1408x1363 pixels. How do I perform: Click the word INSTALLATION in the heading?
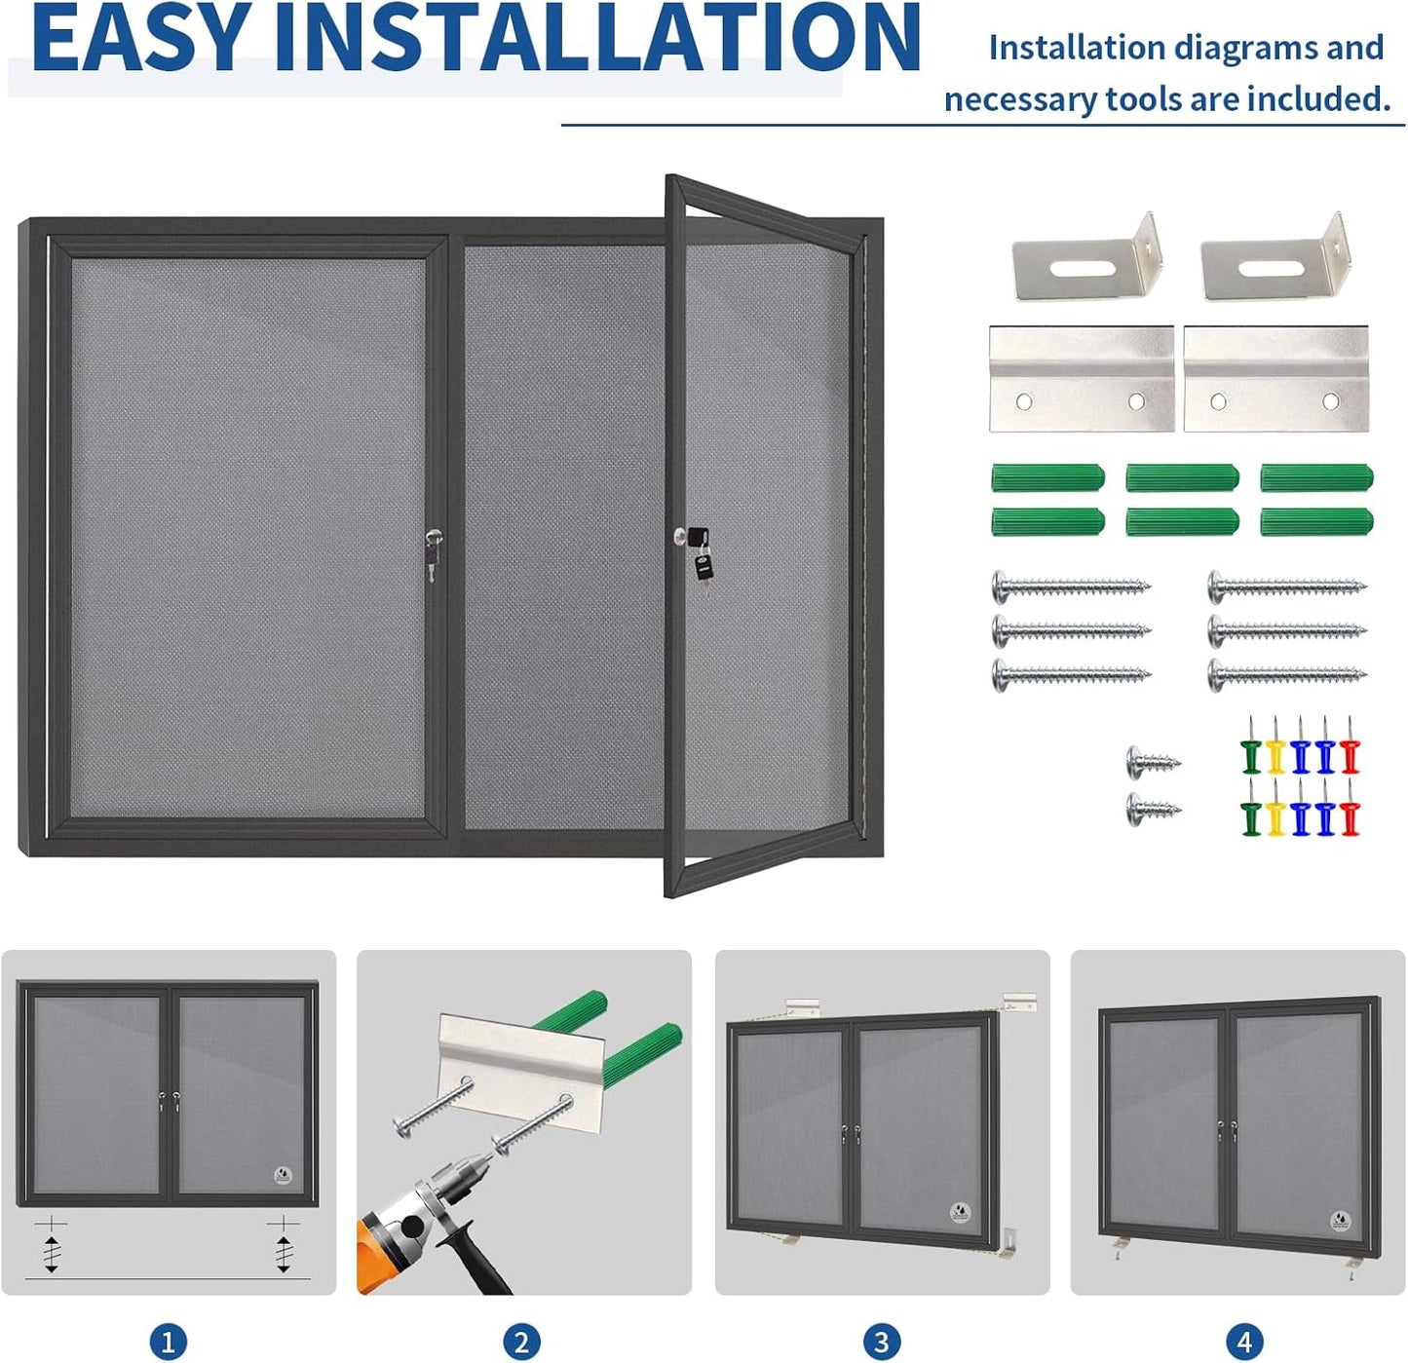click(x=596, y=39)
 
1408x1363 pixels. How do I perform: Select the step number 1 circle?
click(x=168, y=1342)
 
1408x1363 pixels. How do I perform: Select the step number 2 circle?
click(x=521, y=1342)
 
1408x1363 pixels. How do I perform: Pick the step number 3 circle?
click(x=881, y=1342)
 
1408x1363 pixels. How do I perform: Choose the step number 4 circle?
click(x=1243, y=1342)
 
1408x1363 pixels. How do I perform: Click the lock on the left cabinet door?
click(x=433, y=550)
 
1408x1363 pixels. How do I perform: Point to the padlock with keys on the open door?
click(x=699, y=555)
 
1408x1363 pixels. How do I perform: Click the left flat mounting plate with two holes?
click(x=1081, y=379)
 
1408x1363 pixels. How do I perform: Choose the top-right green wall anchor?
click(x=1316, y=477)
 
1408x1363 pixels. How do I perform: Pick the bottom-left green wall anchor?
click(x=1047, y=522)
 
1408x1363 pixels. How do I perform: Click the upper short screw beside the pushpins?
click(x=1153, y=762)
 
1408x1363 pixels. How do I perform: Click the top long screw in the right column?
click(x=1286, y=587)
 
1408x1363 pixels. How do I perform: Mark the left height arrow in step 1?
click(x=52, y=1247)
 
